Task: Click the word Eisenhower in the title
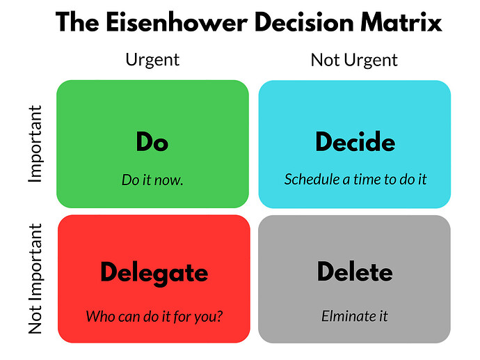point(177,22)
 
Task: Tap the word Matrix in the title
point(401,22)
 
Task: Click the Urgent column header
point(152,60)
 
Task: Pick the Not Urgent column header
point(354,60)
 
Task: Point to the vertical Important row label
point(35,143)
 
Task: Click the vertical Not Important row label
point(35,279)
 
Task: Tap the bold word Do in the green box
point(152,141)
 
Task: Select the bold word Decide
point(355,141)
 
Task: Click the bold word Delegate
point(154,273)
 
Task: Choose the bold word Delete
point(355,272)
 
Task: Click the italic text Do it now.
point(152,180)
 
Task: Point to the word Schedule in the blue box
point(312,179)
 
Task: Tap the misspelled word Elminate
point(346,316)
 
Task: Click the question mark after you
point(219,316)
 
